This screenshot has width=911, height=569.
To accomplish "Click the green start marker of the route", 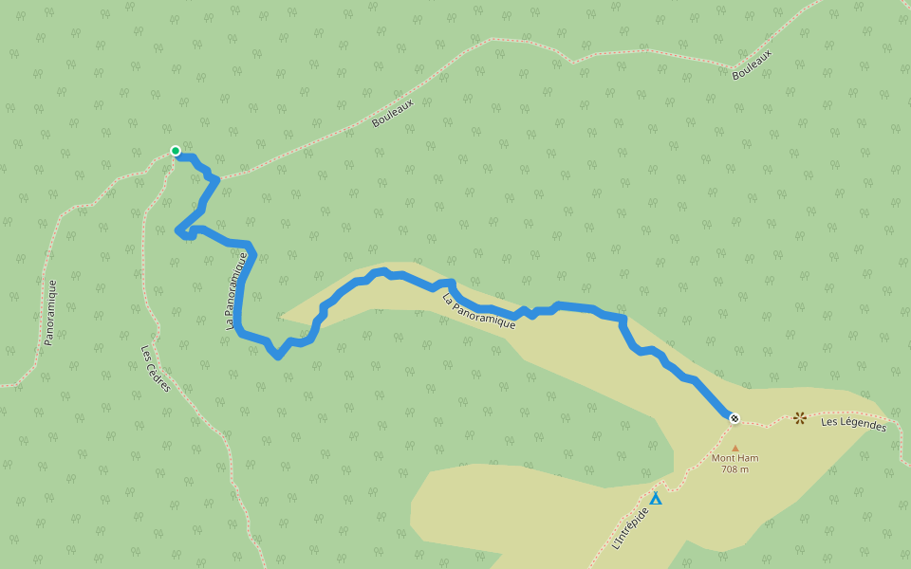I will coord(175,150).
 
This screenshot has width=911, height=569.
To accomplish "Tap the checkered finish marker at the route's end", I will coord(734,418).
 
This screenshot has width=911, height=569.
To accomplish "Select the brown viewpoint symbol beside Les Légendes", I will coord(800,417).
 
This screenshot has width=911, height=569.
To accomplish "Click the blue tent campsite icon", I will coord(655,497).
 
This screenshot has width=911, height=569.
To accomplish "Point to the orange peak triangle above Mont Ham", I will coord(734,448).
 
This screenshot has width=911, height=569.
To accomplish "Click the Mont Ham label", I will coord(734,458).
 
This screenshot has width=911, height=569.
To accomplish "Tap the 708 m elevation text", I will coord(734,469).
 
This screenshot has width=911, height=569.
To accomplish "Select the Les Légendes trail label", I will coord(853,425).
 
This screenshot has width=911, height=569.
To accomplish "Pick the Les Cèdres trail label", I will coord(156,367).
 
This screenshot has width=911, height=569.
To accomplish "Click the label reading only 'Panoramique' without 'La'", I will coord(50,312).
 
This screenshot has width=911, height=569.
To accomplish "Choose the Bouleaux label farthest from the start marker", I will coord(753,64).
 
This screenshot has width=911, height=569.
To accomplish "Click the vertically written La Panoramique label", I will coord(241,290).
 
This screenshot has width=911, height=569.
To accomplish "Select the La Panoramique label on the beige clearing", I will coord(479,311).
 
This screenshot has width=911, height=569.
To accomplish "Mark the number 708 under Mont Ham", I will coord(730,469).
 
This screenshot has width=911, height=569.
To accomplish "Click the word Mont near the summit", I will coord(723,458).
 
